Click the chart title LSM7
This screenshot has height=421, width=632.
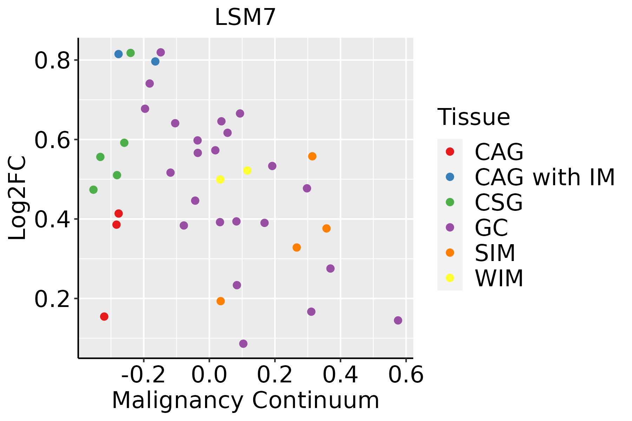(245, 18)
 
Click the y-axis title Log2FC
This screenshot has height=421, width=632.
(18, 198)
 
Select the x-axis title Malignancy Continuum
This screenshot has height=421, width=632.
(245, 400)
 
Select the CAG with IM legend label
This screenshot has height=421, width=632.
(545, 177)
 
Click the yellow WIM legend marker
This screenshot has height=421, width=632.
(450, 278)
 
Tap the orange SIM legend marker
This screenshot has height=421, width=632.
(450, 253)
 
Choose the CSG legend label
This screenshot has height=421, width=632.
(499, 202)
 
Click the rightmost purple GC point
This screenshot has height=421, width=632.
(398, 320)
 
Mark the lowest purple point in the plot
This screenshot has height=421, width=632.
(243, 344)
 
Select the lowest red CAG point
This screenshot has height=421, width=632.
(104, 316)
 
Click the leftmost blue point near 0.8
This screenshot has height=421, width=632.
(118, 54)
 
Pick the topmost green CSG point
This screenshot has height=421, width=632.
(131, 53)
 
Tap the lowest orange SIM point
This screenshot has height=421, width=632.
(220, 301)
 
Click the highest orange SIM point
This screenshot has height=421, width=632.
(312, 156)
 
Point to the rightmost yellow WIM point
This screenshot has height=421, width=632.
(247, 171)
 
